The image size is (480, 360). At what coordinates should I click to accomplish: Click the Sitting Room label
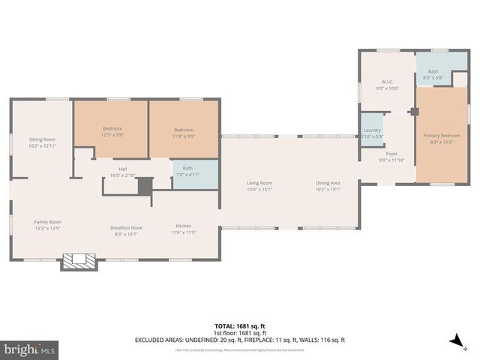pos(43,140)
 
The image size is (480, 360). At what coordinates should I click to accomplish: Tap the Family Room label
pos(47,222)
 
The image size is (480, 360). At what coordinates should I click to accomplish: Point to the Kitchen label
pos(184,226)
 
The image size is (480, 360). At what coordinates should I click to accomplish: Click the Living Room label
pos(260,184)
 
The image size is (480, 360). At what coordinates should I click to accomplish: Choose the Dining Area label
pos(328,184)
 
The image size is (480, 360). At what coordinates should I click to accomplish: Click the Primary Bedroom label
pos(441,136)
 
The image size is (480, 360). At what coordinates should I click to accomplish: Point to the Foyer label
pos(391,154)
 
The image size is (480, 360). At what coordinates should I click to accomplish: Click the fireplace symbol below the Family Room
pos(79,261)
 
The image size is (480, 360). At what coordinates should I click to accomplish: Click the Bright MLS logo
pos(30,349)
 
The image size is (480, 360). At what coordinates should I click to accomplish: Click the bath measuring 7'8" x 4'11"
pos(187,172)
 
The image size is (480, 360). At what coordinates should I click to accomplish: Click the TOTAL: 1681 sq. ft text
pos(239,325)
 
